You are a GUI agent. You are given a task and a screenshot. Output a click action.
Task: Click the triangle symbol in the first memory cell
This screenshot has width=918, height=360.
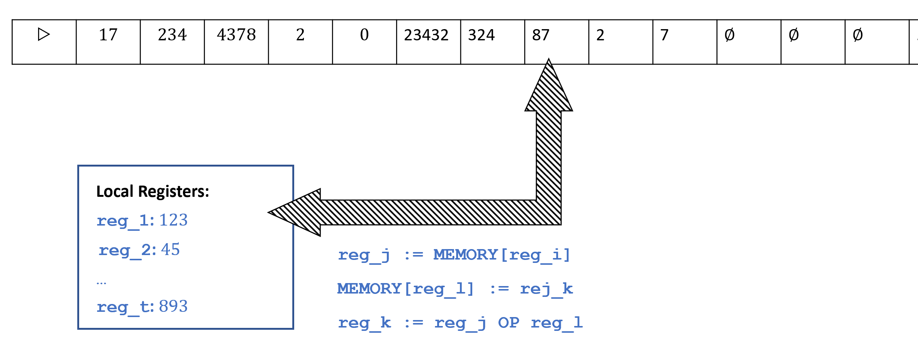pyautogui.click(x=44, y=35)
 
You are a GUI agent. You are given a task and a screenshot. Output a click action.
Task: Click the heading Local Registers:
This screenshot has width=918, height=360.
pyautogui.click(x=153, y=192)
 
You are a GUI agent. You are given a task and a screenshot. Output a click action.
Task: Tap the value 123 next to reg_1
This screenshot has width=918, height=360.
pyautogui.click(x=173, y=220)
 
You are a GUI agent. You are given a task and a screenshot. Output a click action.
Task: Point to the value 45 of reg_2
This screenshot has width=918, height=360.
pyautogui.click(x=170, y=249)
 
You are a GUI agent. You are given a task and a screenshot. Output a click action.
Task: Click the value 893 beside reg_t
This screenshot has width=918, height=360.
pyautogui.click(x=173, y=307)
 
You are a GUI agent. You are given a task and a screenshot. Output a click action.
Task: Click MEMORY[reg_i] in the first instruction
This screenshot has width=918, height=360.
pyautogui.click(x=502, y=255)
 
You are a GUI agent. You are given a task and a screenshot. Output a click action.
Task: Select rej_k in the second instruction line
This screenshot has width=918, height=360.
pyautogui.click(x=546, y=289)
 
